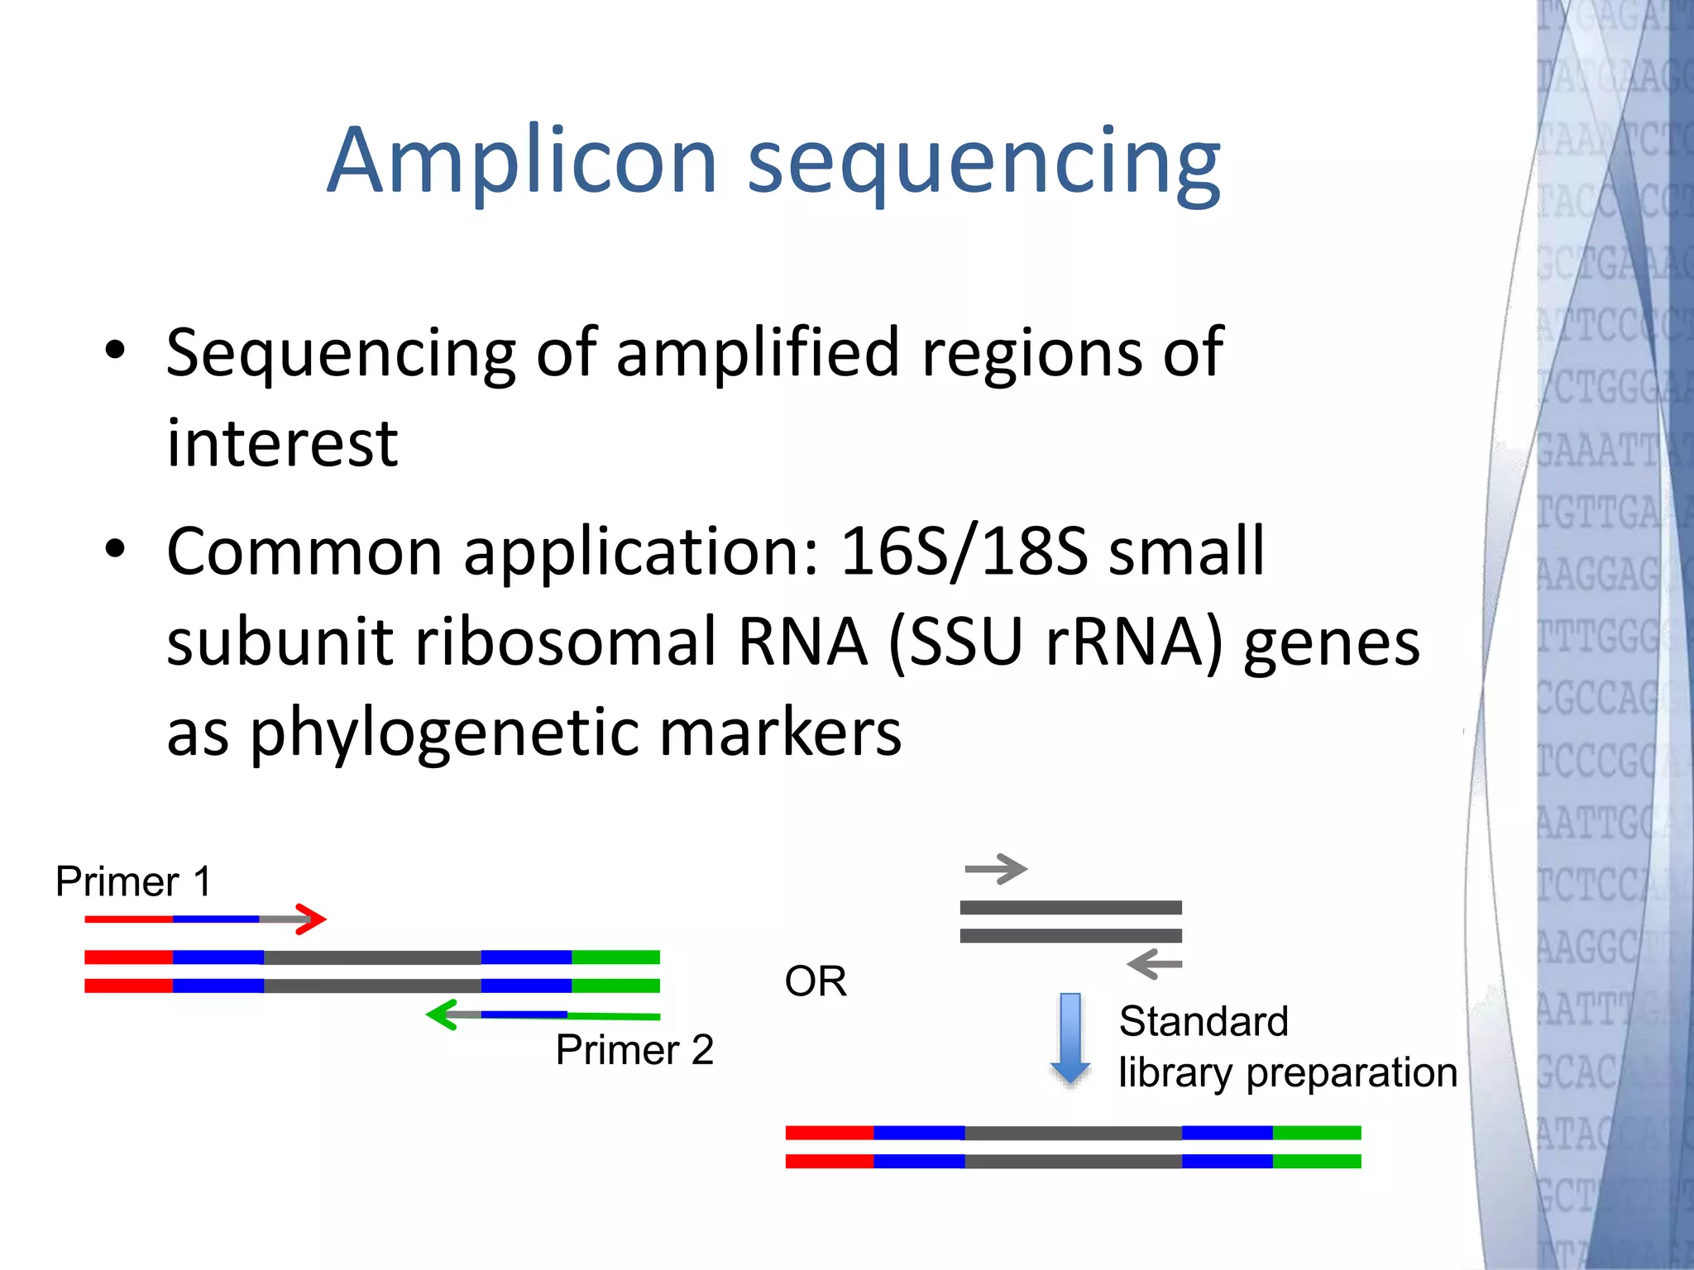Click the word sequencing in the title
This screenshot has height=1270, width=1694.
pyautogui.click(x=983, y=163)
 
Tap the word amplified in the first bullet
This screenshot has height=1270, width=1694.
pyautogui.click(x=757, y=353)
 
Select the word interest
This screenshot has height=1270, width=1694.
pyautogui.click(x=282, y=444)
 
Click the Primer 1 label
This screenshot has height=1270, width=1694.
pyautogui.click(x=133, y=881)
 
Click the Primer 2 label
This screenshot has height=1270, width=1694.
pyautogui.click(x=634, y=1050)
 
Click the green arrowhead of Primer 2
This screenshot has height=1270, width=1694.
pyautogui.click(x=442, y=1015)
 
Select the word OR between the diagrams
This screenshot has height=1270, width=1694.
pyautogui.click(x=816, y=981)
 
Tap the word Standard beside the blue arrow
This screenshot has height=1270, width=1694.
pyautogui.click(x=1204, y=1022)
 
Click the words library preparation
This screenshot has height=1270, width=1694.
pyautogui.click(x=1287, y=1073)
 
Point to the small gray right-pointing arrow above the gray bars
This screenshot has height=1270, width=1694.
pyautogui.click(x=996, y=869)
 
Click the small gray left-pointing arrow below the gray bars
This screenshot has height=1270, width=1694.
pyautogui.click(x=1155, y=964)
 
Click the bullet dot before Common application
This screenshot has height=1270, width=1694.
pyautogui.click(x=115, y=548)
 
